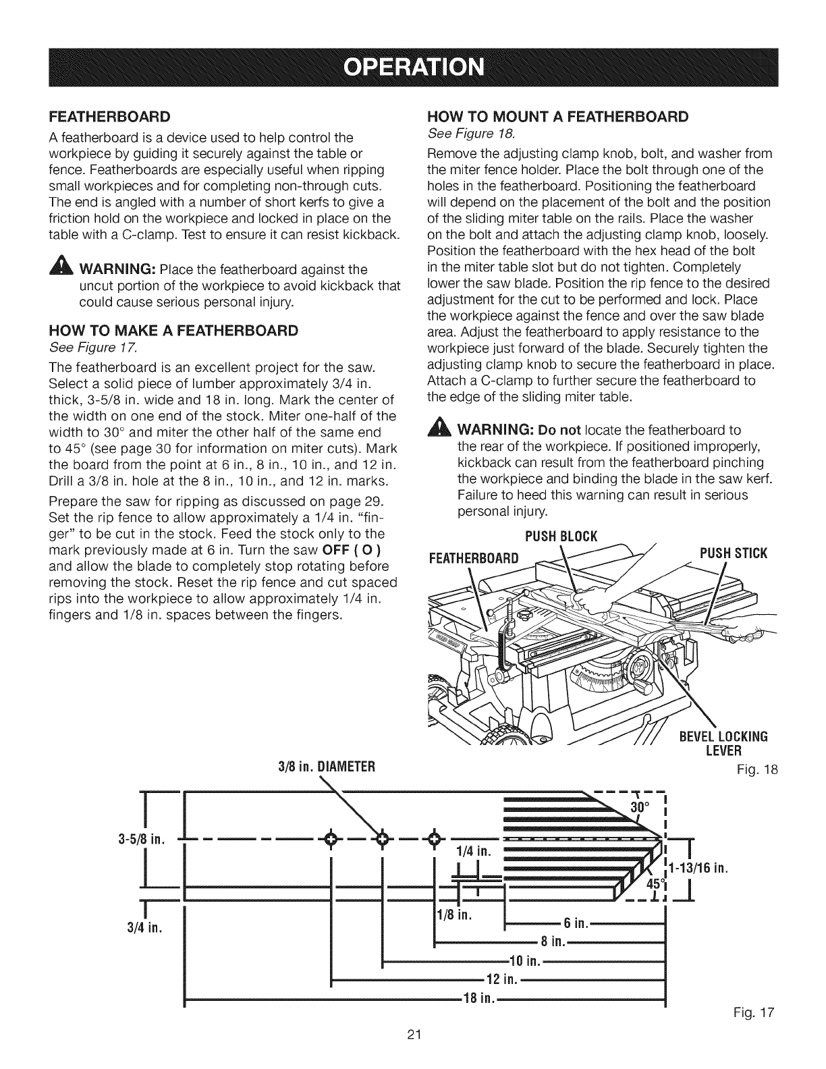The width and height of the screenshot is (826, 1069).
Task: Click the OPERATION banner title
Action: (414, 69)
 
